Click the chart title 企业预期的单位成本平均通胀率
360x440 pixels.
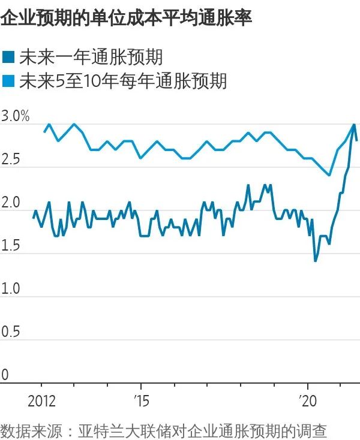tap(126, 18)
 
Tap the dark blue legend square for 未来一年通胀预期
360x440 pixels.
tap(8, 58)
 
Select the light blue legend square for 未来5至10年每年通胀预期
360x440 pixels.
tap(8, 81)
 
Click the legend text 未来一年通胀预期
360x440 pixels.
tap(91, 58)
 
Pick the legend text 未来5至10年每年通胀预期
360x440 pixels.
tap(123, 81)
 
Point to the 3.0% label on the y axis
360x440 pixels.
tap(16, 116)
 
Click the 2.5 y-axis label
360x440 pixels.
tap(12, 160)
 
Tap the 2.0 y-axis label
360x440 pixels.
tap(12, 203)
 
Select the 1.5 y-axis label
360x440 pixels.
tap(12, 246)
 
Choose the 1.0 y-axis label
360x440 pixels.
tap(12, 290)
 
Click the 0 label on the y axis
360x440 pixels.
tap(5, 375)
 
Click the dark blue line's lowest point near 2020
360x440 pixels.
tap(316, 261)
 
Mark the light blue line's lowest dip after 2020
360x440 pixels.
tap(329, 175)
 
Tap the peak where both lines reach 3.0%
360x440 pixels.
tap(354, 125)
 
